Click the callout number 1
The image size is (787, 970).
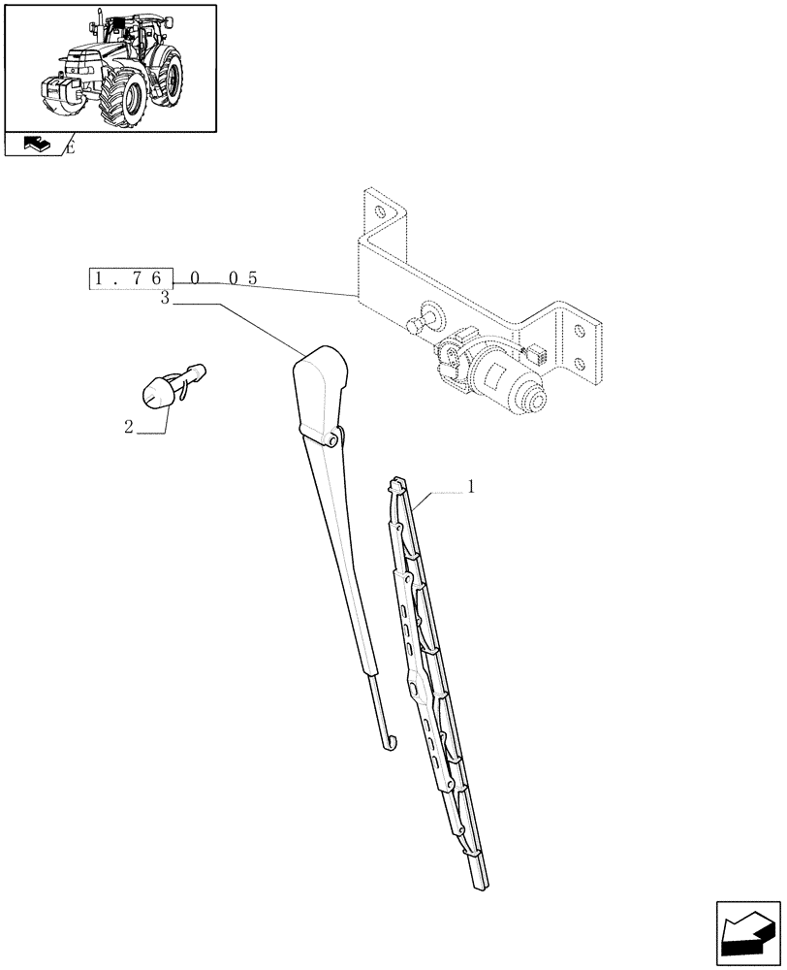tap(471, 488)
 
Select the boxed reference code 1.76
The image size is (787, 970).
tap(131, 278)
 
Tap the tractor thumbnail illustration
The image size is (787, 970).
tap(110, 67)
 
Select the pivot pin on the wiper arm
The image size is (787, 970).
tap(333, 439)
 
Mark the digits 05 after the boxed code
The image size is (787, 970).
tap(242, 278)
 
